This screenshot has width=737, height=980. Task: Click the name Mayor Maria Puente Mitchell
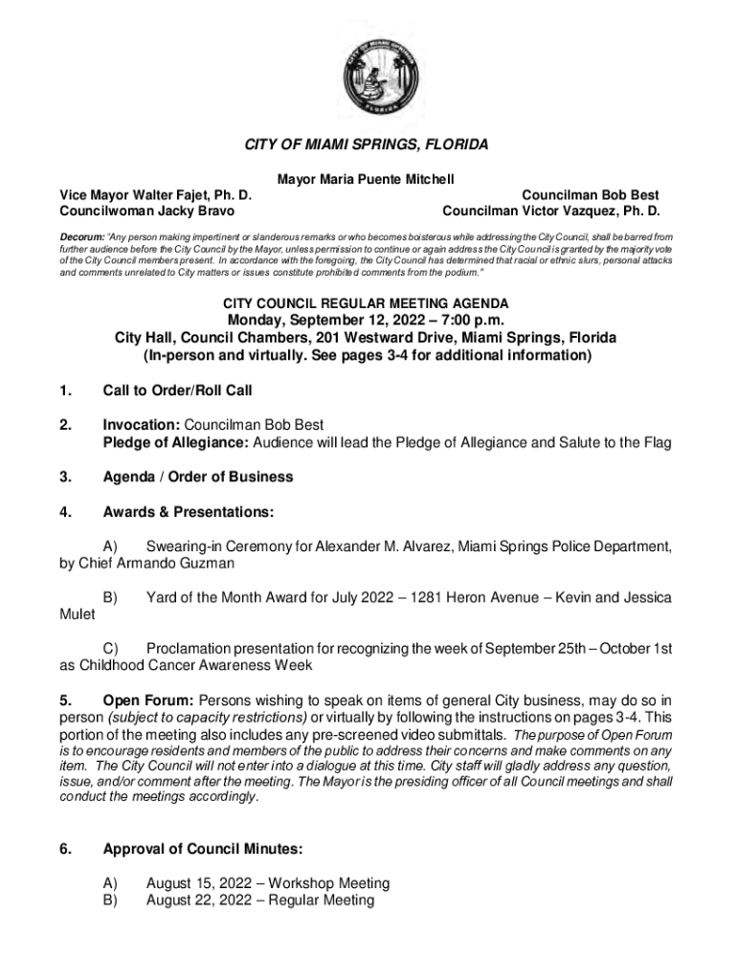coord(366,179)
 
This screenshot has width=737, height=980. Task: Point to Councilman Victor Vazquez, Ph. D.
coord(550,210)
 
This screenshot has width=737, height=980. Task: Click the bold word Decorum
coord(81,235)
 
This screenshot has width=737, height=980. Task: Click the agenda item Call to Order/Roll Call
coord(177,390)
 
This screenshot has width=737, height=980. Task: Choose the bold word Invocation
coord(141,424)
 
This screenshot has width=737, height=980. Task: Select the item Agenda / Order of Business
coord(197,477)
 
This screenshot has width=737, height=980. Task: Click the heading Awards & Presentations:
coord(188,513)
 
